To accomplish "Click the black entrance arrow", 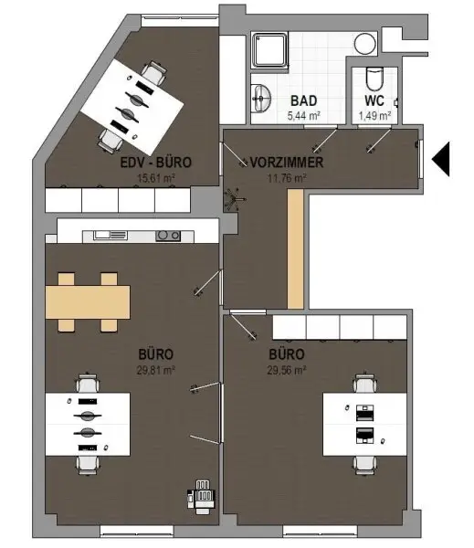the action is click(442, 159).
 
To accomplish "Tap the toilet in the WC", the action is click(374, 79).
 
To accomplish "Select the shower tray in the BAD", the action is click(269, 49).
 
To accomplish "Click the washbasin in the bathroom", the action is click(261, 99).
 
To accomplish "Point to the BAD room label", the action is click(304, 101).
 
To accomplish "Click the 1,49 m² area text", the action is click(374, 115).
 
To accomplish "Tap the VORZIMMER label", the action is click(287, 163).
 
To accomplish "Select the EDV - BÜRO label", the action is click(156, 163).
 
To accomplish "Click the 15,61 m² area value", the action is click(156, 178).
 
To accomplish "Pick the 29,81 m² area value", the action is click(156, 370).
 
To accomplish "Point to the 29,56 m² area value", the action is click(287, 370).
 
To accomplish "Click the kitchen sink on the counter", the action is click(111, 236).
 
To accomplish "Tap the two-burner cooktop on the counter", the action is click(168, 236).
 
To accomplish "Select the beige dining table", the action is click(88, 302).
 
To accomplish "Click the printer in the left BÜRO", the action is click(201, 497).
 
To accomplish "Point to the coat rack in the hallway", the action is click(235, 199).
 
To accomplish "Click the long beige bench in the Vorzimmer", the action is click(295, 249).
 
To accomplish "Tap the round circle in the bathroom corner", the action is click(365, 44).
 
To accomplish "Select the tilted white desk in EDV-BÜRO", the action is click(132, 107).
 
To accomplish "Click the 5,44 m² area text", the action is click(304, 115).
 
